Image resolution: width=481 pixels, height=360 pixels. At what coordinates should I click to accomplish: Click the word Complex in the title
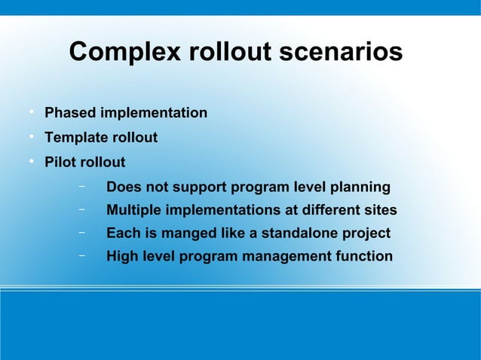click(x=124, y=53)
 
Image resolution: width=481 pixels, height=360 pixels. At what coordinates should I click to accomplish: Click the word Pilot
click(x=60, y=163)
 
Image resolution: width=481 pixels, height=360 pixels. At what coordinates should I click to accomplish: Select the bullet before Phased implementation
click(x=32, y=113)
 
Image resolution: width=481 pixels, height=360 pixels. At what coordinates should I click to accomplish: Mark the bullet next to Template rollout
click(x=32, y=138)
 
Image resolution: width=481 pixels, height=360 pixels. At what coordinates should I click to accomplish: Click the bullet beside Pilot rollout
click(x=32, y=162)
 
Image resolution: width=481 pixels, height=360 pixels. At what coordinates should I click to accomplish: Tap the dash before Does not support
click(x=80, y=186)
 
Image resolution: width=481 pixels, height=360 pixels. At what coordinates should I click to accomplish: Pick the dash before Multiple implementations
click(x=80, y=209)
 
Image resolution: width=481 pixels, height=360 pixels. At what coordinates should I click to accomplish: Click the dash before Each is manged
click(x=80, y=233)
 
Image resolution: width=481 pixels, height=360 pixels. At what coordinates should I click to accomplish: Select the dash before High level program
click(x=80, y=256)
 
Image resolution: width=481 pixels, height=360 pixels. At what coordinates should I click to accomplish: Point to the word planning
click(x=361, y=188)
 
